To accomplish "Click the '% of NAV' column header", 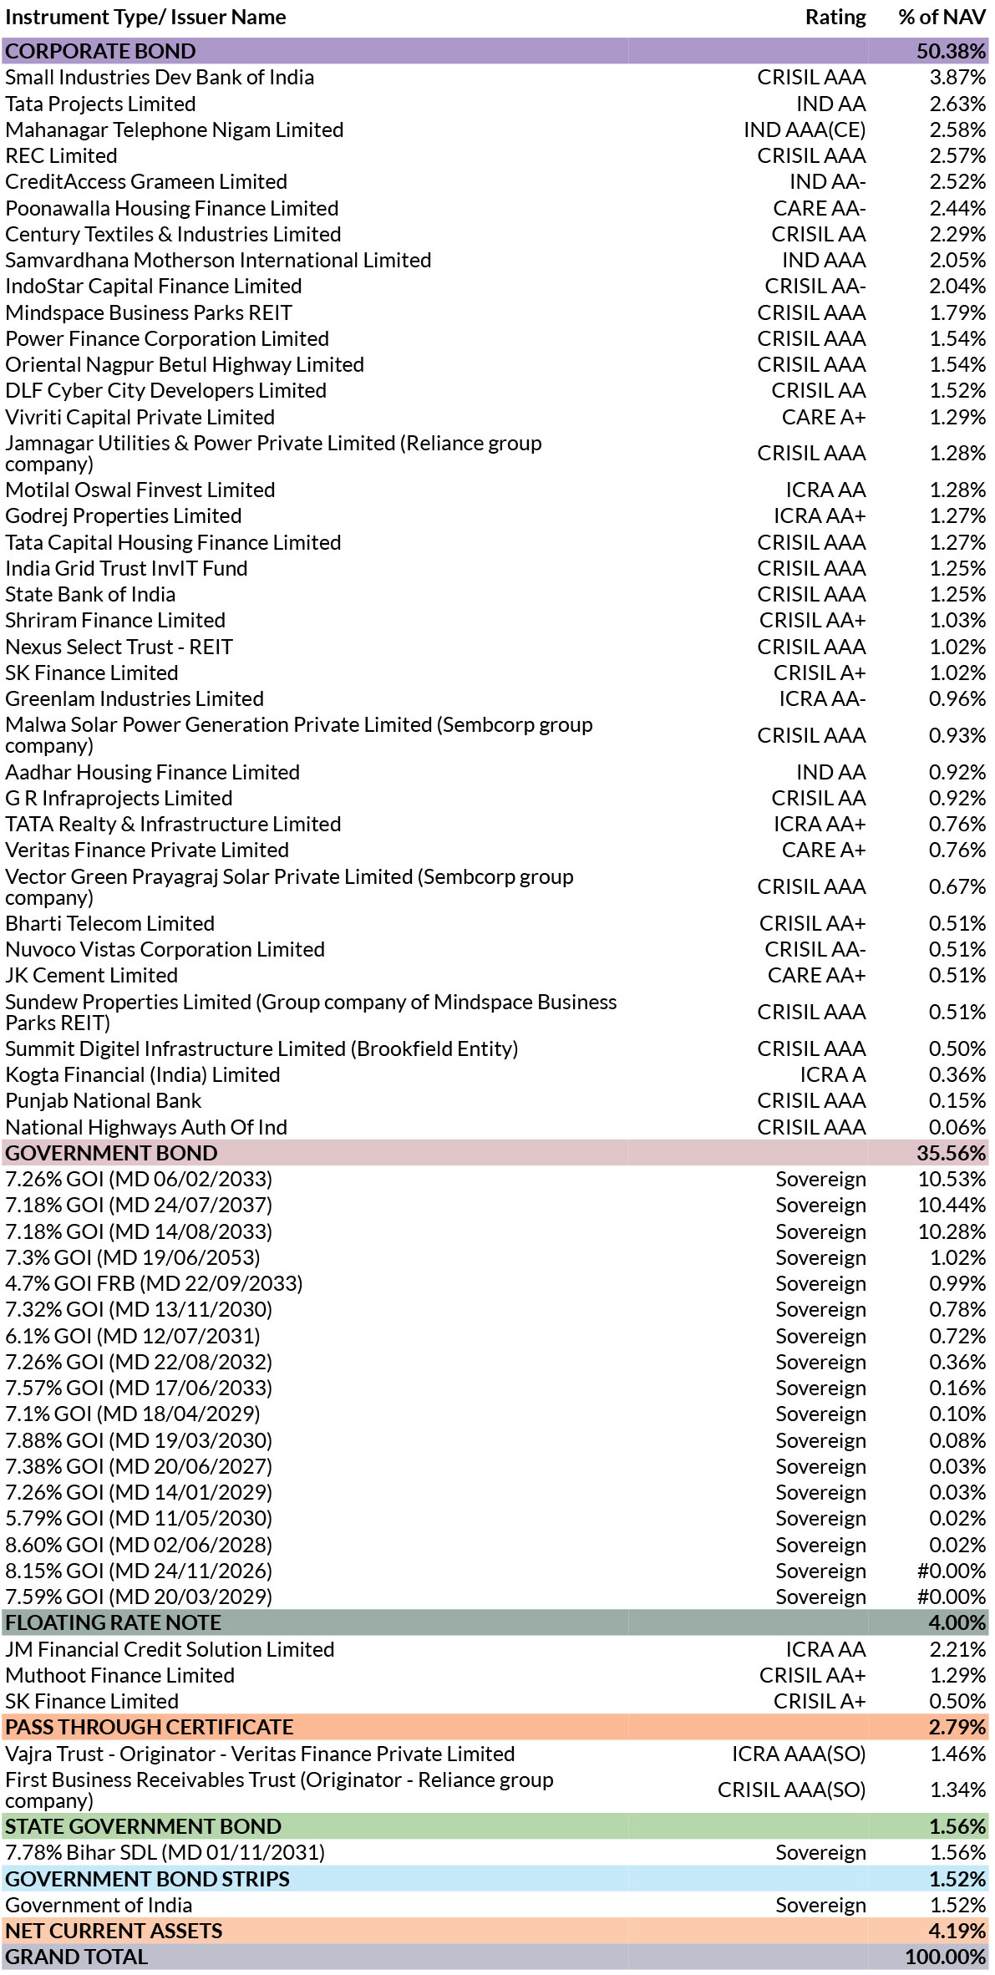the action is tap(942, 18).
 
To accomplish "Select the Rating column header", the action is tap(835, 18).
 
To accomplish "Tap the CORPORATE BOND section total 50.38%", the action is tap(951, 51).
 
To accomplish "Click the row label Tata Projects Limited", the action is tap(100, 104).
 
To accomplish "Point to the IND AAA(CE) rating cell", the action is tap(805, 130).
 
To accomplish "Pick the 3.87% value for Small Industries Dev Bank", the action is tap(957, 78).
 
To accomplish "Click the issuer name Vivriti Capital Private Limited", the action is tap(140, 417).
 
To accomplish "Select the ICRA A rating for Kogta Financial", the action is tap(833, 1074).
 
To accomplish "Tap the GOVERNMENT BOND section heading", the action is tap(111, 1153).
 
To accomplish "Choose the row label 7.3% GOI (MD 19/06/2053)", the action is tap(132, 1257).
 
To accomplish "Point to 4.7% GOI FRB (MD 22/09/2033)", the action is tap(154, 1283).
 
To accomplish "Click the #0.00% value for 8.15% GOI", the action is tap(952, 1571).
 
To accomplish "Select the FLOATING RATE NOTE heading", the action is tap(113, 1622).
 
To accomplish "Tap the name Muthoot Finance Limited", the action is tap(119, 1675).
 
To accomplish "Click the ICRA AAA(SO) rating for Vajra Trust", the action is tap(799, 1754).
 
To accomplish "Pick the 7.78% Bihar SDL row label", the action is tap(165, 1852).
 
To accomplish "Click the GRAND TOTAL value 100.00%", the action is tap(946, 1957).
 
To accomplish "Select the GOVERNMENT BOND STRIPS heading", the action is tap(147, 1879).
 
